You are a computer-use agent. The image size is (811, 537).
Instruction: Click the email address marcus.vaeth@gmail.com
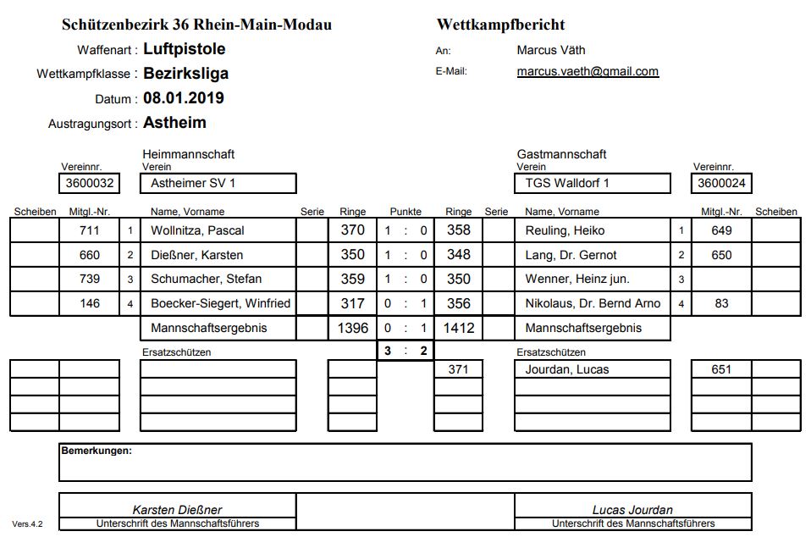tap(588, 72)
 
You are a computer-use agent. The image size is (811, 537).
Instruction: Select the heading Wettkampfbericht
tap(500, 25)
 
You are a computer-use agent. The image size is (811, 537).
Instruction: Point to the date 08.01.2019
tap(184, 98)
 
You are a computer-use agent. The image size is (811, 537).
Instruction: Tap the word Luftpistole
tap(185, 49)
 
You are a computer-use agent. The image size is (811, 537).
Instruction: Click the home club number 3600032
tap(89, 183)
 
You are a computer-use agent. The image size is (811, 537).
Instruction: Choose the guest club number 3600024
tap(721, 183)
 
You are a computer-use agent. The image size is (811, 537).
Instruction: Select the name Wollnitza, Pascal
tap(198, 230)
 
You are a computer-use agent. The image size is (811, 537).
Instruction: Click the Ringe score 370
tap(352, 230)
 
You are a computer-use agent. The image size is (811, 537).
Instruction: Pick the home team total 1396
tap(352, 328)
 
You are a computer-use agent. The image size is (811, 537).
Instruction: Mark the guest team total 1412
tap(459, 328)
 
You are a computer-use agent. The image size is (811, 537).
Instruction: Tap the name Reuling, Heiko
tap(565, 230)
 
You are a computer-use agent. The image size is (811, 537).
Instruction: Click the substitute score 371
tap(459, 369)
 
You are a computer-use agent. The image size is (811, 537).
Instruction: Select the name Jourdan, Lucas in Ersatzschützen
tap(567, 369)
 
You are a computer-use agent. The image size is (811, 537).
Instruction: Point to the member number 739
tap(89, 279)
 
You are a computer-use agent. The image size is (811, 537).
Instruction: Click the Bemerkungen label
tap(96, 451)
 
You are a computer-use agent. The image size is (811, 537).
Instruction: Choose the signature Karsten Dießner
tap(177, 510)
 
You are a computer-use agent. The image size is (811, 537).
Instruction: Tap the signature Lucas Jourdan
tap(632, 510)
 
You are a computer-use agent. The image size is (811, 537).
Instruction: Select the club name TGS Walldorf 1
tap(567, 183)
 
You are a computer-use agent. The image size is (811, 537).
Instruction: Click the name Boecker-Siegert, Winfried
tap(220, 303)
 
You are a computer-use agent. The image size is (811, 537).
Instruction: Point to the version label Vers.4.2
tap(27, 524)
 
